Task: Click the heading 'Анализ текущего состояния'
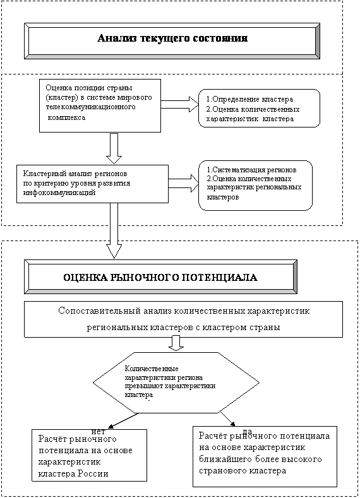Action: coord(172,39)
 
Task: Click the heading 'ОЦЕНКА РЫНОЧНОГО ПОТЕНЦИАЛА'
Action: coord(160,278)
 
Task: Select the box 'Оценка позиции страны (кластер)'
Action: coord(100,106)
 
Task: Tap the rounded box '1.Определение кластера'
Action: coord(260,109)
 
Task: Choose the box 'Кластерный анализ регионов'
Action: coord(92,184)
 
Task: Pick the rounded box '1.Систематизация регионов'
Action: coord(255,186)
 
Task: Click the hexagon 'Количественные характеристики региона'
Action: coord(176,382)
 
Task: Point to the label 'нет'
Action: coord(98,431)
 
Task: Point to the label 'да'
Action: coord(247,430)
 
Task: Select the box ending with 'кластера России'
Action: coord(89,455)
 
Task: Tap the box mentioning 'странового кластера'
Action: coord(265,456)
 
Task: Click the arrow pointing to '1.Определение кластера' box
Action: coord(180,104)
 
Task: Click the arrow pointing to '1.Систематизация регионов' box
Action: coord(184,183)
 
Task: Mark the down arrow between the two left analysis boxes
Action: coord(114,148)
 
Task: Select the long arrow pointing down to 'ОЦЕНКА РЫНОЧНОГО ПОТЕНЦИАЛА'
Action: coord(114,230)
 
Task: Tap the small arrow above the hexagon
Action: coord(176,343)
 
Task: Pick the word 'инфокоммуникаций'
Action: coord(59,193)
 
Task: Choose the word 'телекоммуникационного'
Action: coord(90,107)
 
